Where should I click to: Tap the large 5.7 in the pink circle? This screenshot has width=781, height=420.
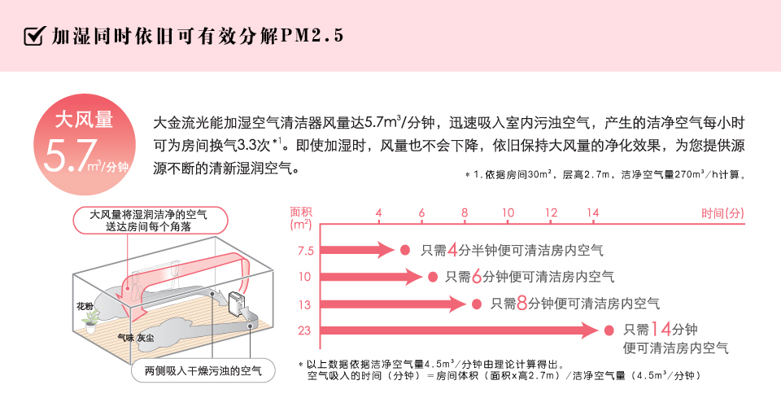(x=70, y=155)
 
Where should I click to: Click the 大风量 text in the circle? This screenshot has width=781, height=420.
(x=84, y=120)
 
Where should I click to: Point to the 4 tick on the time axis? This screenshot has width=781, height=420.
(x=378, y=212)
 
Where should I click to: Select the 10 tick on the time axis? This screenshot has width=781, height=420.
(x=508, y=212)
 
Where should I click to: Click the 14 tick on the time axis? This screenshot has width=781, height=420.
(x=593, y=212)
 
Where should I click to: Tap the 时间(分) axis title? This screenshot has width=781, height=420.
(x=722, y=213)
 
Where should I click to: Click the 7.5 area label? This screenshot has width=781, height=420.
(x=305, y=251)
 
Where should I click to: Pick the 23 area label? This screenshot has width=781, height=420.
(x=304, y=330)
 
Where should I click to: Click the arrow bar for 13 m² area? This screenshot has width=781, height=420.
(x=393, y=304)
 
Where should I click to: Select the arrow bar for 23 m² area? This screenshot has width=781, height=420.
(x=459, y=330)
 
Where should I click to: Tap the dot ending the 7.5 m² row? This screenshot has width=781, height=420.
(x=405, y=250)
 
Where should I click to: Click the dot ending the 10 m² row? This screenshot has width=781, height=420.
(x=432, y=277)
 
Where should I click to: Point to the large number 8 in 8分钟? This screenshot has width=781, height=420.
(x=521, y=303)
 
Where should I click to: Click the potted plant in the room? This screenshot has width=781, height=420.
(x=90, y=321)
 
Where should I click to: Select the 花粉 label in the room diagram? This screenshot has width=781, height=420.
(x=85, y=306)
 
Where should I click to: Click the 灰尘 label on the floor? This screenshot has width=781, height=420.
(x=146, y=338)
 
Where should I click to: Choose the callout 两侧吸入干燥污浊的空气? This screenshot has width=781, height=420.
(x=203, y=370)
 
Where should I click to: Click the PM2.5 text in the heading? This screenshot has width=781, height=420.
(x=312, y=35)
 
